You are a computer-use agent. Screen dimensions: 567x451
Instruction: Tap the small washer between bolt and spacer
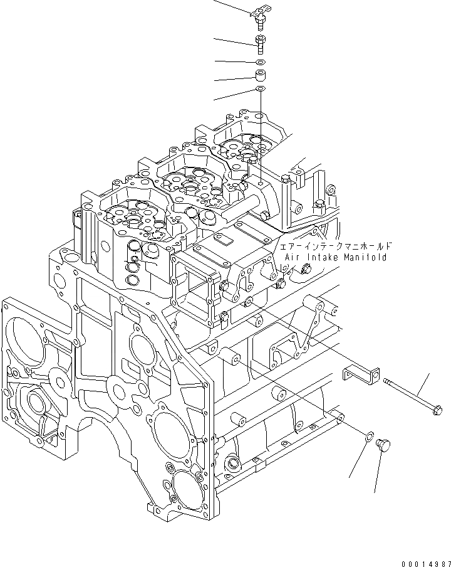click(x=261, y=62)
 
